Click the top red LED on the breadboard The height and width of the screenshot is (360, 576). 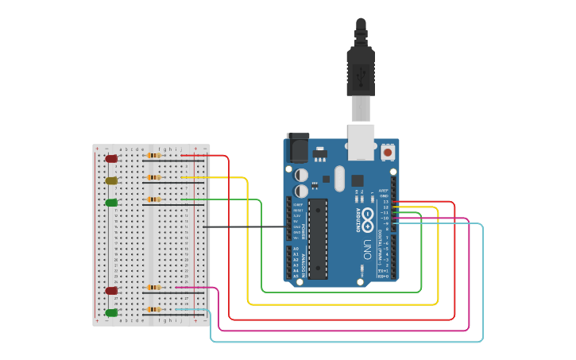tap(112, 159)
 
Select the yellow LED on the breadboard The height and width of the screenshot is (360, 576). tap(112, 181)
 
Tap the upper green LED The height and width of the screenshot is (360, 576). tap(112, 203)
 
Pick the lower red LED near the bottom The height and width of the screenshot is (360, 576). tap(112, 291)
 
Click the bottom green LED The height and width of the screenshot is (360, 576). tap(112, 313)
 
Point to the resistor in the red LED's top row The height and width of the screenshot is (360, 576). tap(153, 156)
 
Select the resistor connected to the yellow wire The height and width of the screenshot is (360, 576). tap(153, 177)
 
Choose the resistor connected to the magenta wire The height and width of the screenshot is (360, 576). tap(153, 287)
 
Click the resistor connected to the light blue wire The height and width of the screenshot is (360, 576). tap(153, 309)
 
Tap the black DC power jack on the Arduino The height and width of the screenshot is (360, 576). tap(297, 148)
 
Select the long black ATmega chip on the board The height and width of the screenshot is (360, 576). tap(318, 238)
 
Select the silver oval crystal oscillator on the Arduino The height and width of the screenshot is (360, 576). tap(340, 179)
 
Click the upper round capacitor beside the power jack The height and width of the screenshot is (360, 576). tap(302, 174)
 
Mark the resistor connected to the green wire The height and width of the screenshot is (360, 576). tap(153, 199)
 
